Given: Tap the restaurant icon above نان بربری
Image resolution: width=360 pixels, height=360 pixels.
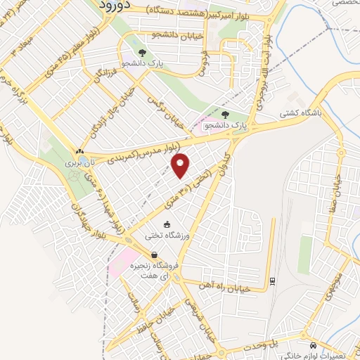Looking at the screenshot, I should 79,151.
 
